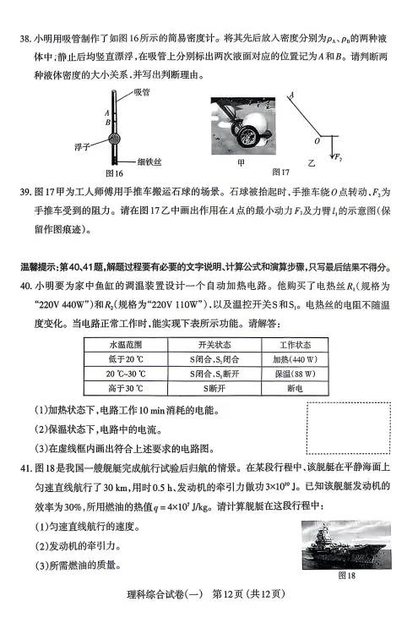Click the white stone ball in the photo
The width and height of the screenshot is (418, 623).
pyautogui.click(x=259, y=123)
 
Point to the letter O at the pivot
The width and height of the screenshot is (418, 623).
pyautogui.click(x=317, y=141)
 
